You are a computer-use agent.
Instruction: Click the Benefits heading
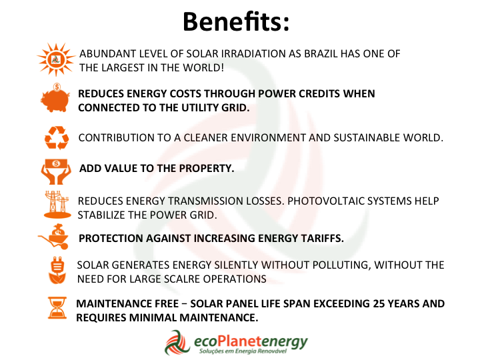(x=236, y=21)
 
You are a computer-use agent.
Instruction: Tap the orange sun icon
(x=56, y=59)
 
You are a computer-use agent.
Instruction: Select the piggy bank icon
(x=55, y=98)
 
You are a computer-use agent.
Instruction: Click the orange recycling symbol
(x=57, y=138)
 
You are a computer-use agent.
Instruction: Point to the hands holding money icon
(x=56, y=171)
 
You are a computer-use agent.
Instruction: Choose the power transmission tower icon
(x=57, y=205)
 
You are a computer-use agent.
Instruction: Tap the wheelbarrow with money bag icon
(x=54, y=237)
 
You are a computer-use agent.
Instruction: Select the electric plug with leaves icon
(x=57, y=271)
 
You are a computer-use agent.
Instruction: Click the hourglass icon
(x=57, y=308)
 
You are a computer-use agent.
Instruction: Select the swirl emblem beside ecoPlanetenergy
(x=177, y=343)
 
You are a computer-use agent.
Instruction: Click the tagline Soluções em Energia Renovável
(x=243, y=351)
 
